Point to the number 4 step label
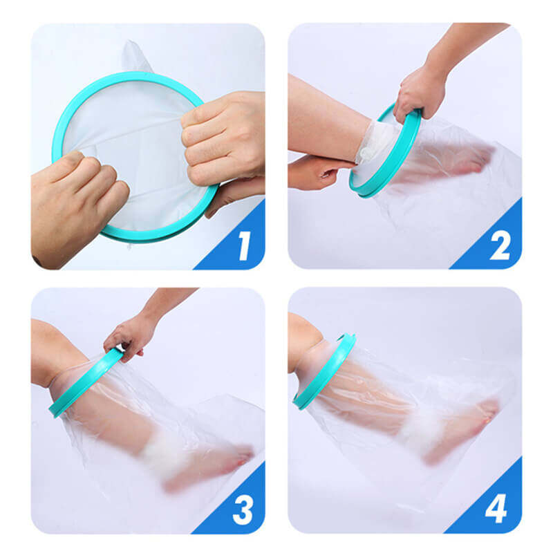[x=496, y=509]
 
